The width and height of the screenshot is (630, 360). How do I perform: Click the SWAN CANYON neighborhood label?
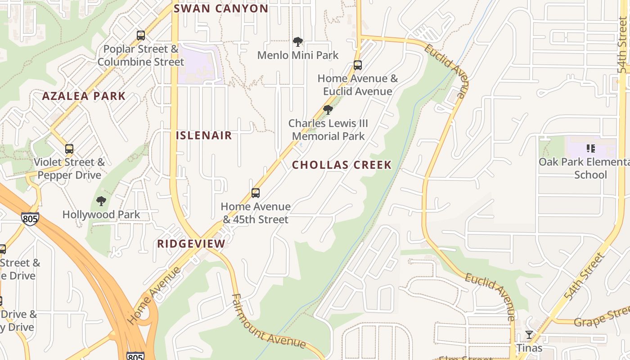(x=221, y=9)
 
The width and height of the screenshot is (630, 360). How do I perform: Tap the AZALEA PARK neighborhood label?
(x=84, y=96)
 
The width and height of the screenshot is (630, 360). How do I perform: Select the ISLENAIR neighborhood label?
(x=204, y=135)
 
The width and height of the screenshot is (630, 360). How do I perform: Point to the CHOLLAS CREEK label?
(x=342, y=165)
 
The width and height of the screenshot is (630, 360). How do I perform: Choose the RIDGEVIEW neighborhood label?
(x=191, y=244)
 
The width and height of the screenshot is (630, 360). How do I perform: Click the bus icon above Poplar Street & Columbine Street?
(x=141, y=36)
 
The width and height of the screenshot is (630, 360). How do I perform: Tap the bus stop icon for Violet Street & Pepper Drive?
(x=69, y=149)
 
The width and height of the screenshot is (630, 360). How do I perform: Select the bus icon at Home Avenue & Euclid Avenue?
(x=358, y=65)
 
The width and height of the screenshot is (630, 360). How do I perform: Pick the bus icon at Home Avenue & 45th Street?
(x=256, y=193)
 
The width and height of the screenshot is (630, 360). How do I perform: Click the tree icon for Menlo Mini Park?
(x=297, y=42)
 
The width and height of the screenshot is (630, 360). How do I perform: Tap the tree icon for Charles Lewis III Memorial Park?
(x=328, y=110)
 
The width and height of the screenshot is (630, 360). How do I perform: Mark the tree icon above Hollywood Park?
(x=101, y=201)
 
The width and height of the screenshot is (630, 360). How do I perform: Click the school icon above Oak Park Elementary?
(x=591, y=148)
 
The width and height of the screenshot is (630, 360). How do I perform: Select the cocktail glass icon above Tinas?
(x=529, y=335)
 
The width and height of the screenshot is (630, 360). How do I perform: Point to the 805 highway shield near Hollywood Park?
(x=30, y=219)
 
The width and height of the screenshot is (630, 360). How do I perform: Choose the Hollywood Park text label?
(x=101, y=215)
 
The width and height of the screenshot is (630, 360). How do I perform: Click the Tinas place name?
(x=529, y=348)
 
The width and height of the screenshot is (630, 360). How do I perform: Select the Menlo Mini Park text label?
(x=298, y=55)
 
